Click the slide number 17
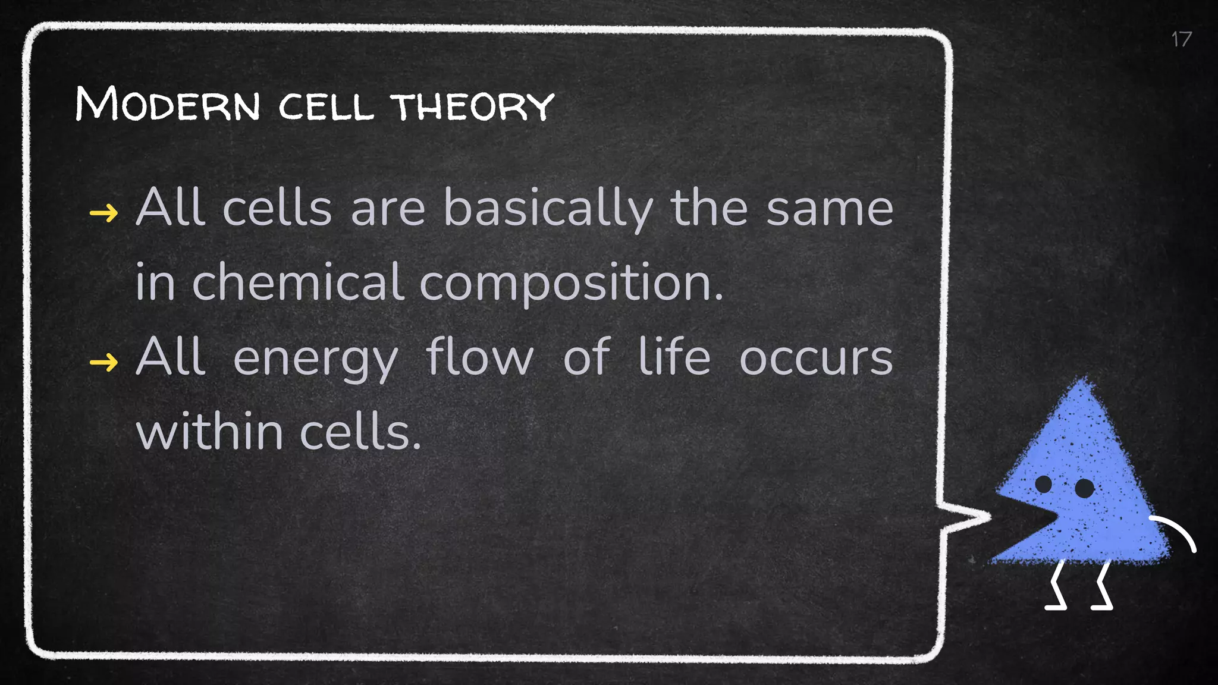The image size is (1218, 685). click(1181, 40)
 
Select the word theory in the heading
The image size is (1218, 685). click(473, 106)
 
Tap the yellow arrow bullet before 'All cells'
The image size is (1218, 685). click(103, 212)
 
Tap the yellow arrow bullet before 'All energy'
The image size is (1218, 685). click(103, 361)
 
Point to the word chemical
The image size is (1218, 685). click(299, 283)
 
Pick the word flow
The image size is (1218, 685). click(479, 357)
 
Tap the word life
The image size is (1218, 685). click(674, 357)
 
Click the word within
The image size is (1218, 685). click(209, 432)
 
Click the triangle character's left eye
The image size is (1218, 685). click(1044, 484)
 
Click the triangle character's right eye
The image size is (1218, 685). click(1084, 488)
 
